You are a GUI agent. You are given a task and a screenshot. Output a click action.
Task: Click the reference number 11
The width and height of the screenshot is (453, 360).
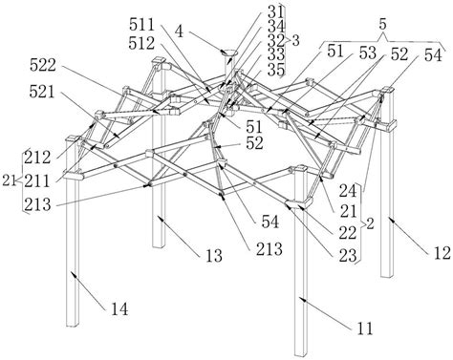[x=365, y=328]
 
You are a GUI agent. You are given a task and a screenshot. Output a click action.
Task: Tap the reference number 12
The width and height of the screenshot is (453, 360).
[x=442, y=253]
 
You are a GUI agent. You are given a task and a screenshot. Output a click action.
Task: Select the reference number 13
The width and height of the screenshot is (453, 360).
[x=214, y=256]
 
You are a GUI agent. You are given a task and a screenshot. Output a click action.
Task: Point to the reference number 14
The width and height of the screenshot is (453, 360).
[x=119, y=308]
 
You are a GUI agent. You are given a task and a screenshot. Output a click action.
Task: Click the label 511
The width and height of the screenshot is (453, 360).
[x=141, y=24]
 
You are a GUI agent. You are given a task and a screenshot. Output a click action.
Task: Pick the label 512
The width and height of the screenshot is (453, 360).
[x=141, y=43]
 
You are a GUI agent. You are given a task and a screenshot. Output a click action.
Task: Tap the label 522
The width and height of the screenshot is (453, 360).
[x=43, y=66]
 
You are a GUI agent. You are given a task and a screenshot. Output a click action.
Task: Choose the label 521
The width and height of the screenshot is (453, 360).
[x=42, y=92]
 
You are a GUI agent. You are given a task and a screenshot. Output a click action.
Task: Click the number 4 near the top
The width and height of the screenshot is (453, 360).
[x=180, y=32]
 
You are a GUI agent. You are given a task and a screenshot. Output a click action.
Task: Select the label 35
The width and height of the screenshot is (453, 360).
[x=276, y=70]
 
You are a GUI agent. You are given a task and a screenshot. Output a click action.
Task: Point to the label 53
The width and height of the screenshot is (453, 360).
[x=368, y=53]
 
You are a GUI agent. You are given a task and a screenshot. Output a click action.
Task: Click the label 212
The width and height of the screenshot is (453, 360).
[x=37, y=158]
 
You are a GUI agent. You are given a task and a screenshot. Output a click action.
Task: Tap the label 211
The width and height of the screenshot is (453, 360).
[x=37, y=181]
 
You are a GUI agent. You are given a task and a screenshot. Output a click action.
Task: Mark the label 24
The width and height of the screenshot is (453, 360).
[x=348, y=191]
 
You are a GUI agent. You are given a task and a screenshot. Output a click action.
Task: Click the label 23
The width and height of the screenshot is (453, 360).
[x=348, y=256]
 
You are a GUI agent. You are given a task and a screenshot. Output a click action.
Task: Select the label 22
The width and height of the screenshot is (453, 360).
[x=347, y=233]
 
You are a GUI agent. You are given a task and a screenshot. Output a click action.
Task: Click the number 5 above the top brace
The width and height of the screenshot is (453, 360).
[x=382, y=25]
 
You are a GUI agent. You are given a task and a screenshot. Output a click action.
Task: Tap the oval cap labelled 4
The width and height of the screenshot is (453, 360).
[x=230, y=53]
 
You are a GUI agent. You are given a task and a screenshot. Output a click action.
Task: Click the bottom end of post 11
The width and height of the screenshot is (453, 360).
[x=301, y=354]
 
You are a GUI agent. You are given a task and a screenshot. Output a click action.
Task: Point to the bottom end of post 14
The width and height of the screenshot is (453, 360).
[x=73, y=325]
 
